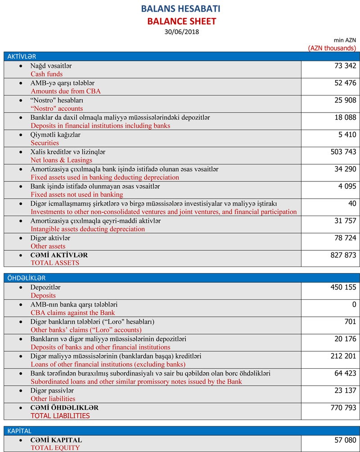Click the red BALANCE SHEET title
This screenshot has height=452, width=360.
click(x=182, y=21)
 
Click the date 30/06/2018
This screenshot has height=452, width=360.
click(x=182, y=32)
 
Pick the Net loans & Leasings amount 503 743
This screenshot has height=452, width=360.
click(x=343, y=152)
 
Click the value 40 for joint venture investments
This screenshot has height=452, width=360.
click(x=352, y=203)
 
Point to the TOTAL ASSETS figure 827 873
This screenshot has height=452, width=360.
click(x=343, y=255)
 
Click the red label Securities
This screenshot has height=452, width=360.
click(x=45, y=143)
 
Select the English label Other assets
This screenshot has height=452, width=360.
click(x=48, y=246)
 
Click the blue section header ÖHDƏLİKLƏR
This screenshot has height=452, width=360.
click(x=26, y=278)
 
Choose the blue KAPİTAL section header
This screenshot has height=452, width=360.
click(x=19, y=431)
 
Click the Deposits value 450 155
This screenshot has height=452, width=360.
click(x=343, y=287)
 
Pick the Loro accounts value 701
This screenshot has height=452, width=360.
click(x=350, y=321)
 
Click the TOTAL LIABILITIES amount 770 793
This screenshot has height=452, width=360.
click(x=343, y=407)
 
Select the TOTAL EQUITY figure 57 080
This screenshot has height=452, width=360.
click(x=346, y=439)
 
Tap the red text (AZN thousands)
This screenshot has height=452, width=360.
click(x=332, y=48)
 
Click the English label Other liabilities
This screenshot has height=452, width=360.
click(x=53, y=398)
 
